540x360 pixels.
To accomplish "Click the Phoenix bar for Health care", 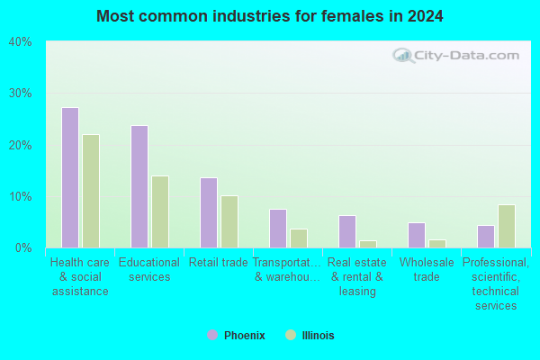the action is [x=70, y=178].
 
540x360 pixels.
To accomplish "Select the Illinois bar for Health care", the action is [x=91, y=191].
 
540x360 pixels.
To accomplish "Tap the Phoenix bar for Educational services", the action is [x=139, y=186].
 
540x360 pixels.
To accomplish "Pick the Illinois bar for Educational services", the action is [x=160, y=211].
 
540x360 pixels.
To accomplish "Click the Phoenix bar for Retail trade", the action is [x=209, y=213].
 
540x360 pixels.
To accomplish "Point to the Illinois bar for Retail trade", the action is [x=229, y=222].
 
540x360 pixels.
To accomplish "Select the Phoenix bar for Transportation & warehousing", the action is [x=278, y=229].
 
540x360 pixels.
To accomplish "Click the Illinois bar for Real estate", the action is [x=368, y=244].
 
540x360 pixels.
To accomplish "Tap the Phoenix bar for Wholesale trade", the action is [x=417, y=235].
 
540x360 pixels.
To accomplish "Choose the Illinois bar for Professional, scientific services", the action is [x=507, y=226].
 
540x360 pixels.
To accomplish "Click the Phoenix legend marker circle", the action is [x=212, y=335].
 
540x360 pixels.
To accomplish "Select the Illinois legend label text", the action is [x=319, y=336].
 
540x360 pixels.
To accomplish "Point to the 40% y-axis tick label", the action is [x=21, y=42].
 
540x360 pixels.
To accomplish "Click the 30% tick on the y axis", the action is [x=21, y=93].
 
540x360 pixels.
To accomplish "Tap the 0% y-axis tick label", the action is [x=23, y=247].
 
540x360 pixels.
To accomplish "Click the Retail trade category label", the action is [x=219, y=263].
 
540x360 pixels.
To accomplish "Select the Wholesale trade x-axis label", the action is [x=427, y=270].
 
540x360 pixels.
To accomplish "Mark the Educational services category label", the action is [x=149, y=270].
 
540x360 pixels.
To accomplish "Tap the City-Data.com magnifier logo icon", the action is [x=403, y=56].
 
